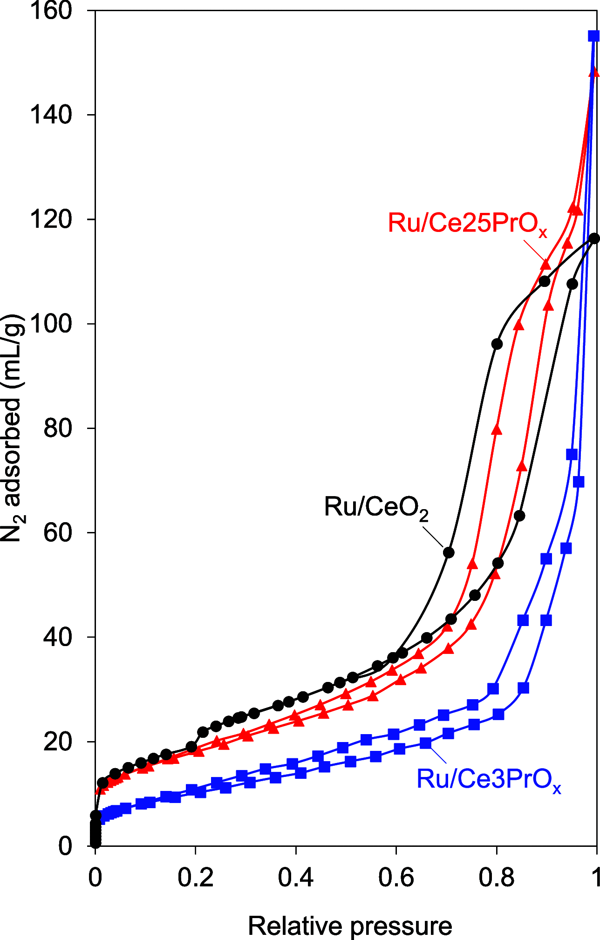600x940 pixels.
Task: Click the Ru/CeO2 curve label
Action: tap(375, 507)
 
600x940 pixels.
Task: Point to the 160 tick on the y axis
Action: tap(51, 11)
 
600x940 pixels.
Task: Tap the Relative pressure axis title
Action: tap(350, 926)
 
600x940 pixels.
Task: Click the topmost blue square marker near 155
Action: tap(593, 36)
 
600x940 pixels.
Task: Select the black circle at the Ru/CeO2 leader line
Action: tap(449, 552)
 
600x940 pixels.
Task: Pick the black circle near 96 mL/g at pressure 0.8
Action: tap(497, 344)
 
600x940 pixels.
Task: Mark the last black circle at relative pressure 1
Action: tap(594, 238)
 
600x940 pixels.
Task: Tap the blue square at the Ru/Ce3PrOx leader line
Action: tap(425, 743)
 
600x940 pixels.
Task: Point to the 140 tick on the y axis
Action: tap(51, 115)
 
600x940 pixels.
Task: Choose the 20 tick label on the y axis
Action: tap(58, 742)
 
